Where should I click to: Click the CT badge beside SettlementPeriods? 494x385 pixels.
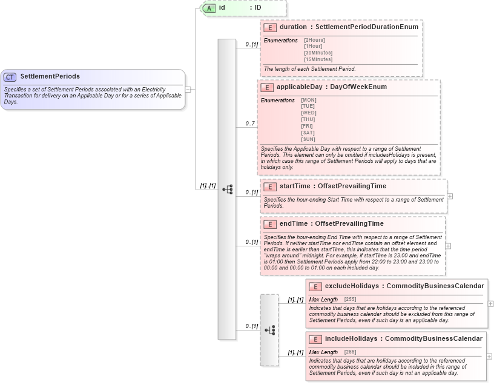10,77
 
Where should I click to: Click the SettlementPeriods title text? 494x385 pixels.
50,77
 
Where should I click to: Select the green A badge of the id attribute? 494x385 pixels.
209,8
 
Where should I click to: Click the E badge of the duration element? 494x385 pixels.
271,27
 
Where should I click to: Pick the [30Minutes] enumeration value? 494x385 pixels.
318,53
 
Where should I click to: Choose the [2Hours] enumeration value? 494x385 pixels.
314,40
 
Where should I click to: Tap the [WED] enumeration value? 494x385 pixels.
308,113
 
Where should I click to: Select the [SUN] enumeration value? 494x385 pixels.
308,139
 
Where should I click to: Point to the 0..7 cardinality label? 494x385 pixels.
250,123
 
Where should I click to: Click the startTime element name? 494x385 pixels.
295,186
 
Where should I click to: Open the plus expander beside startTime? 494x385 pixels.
450,196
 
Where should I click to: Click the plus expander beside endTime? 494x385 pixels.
447,246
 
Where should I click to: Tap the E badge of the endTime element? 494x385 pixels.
271,224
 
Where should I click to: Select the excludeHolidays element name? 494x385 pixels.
352,286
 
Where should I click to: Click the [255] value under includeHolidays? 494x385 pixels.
350,352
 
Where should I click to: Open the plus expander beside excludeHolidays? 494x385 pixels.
490,303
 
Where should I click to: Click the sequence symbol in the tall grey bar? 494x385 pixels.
227,189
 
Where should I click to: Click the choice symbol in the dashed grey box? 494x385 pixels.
270,330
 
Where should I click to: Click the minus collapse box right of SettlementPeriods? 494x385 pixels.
188,89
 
